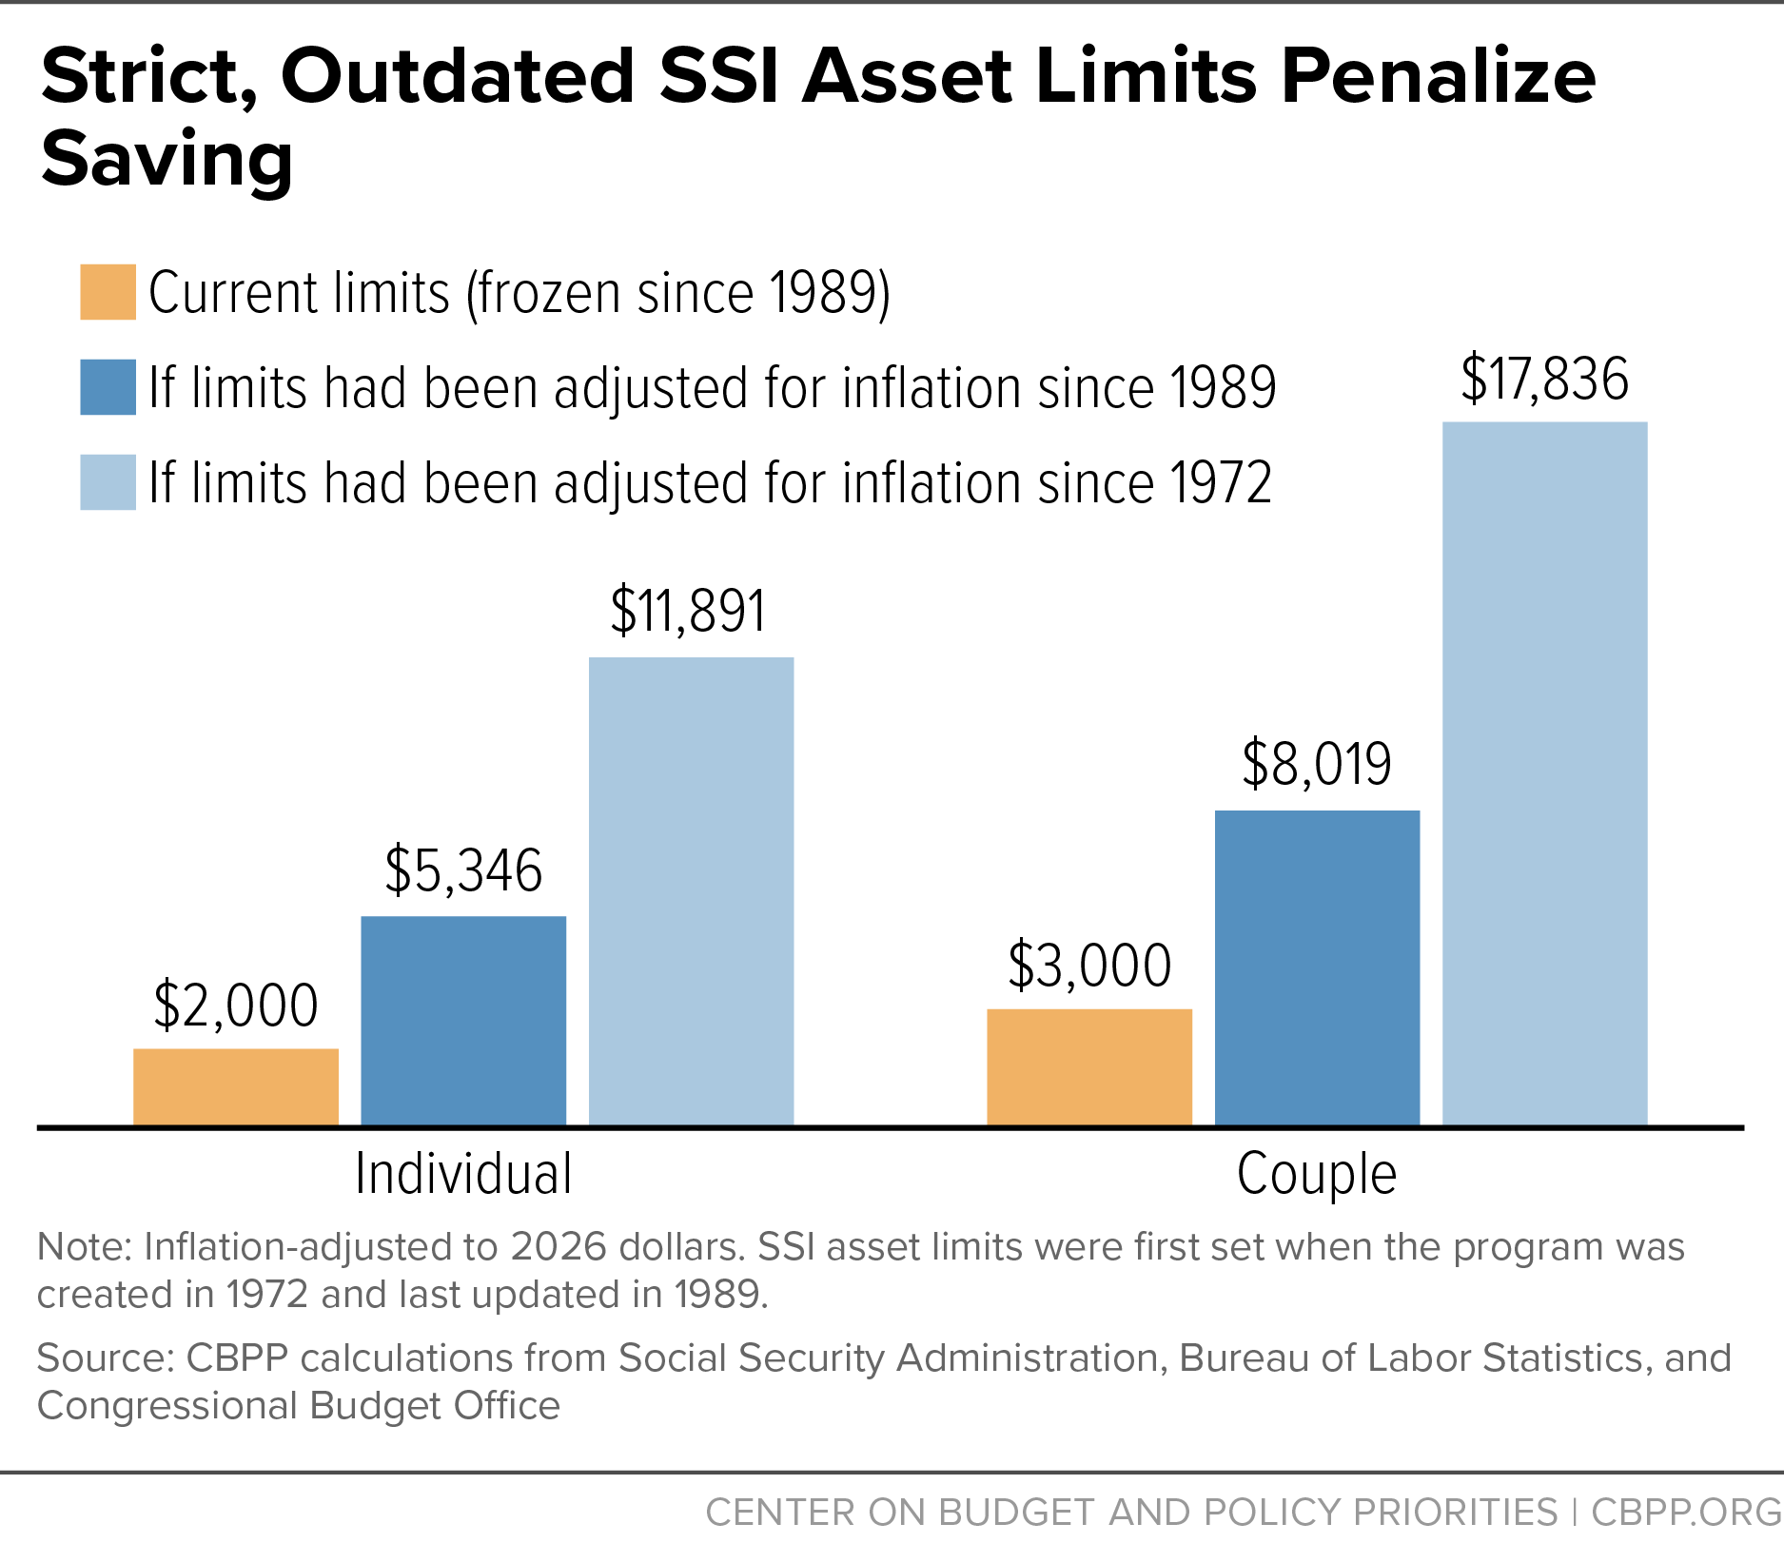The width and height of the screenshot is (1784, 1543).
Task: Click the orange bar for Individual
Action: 236,1087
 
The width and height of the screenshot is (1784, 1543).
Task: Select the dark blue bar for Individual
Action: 463,1021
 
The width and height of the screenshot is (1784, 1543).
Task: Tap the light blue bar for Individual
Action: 691,891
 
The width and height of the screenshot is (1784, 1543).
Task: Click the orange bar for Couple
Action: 1089,1067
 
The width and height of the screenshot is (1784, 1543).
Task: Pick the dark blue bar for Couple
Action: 1317,968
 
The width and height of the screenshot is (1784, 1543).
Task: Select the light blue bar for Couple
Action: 1545,773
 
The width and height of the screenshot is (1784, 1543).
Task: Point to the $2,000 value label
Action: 236,1006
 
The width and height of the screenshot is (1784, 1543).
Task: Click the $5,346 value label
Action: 463,870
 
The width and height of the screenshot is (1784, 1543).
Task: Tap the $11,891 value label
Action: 688,611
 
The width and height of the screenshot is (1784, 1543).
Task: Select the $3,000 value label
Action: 1089,966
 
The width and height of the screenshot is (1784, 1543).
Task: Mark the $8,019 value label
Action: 1317,764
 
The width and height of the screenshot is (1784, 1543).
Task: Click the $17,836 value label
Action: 1545,379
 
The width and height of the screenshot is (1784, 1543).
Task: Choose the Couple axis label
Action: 1317,1176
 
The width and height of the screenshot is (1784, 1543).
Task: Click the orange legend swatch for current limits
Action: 108,292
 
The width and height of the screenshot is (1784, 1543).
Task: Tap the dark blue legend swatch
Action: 108,387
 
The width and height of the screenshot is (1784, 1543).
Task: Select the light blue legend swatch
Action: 108,482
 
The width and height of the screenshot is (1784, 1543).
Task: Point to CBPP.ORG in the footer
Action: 1687,1512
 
